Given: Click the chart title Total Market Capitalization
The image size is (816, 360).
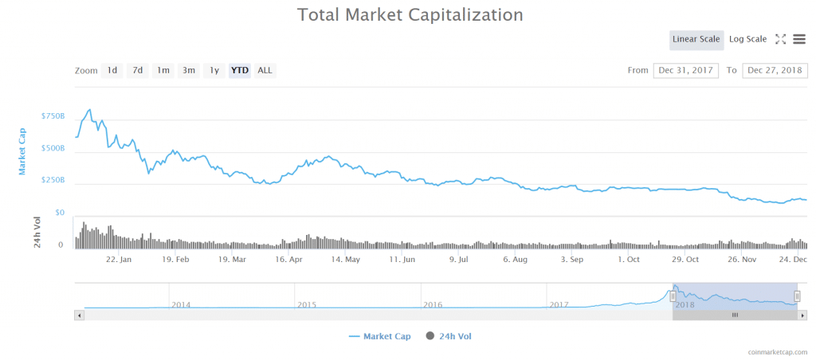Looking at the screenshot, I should coord(410,14).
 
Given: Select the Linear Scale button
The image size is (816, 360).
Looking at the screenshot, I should coord(696,40).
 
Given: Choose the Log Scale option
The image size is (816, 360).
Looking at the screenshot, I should coord(747,40).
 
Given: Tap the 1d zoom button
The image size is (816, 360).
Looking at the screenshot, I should coord(112,70).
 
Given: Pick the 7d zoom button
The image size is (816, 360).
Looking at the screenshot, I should coord(138,70).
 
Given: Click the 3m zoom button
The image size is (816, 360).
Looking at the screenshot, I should coord(189,70).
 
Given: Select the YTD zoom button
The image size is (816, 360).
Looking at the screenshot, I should coord(239,70).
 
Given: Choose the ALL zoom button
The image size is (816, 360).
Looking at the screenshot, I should coord(265,70).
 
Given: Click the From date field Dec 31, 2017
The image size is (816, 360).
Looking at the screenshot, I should coord(686,70).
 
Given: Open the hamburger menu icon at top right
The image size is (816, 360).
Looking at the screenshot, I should coord(798,39).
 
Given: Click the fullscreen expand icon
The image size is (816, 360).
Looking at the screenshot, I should coord(781,39).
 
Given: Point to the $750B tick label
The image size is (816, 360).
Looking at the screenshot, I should coord(53,116).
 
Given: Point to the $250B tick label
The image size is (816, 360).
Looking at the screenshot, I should coord(53,181).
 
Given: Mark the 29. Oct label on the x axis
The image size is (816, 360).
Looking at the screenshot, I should coord(686,260).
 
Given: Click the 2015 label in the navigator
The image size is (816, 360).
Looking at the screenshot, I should coord(306,305).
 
